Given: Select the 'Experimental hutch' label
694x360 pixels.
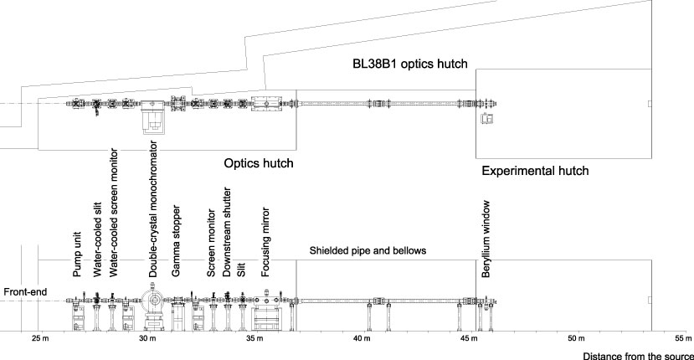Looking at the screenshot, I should (535, 170).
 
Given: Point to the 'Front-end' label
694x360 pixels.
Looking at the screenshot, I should (24, 292).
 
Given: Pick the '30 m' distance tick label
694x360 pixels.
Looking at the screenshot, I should (147, 340).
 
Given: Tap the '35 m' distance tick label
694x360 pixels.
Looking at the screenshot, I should (255, 340).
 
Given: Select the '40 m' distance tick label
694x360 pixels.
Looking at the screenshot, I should (362, 340).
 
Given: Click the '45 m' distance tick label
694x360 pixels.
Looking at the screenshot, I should (469, 340).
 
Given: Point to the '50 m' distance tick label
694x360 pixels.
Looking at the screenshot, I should (576, 340).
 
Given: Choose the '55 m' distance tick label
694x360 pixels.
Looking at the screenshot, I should (682, 340).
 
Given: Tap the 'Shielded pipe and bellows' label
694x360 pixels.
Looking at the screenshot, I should (368, 250).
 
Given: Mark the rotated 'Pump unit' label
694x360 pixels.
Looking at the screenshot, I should (77, 254).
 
